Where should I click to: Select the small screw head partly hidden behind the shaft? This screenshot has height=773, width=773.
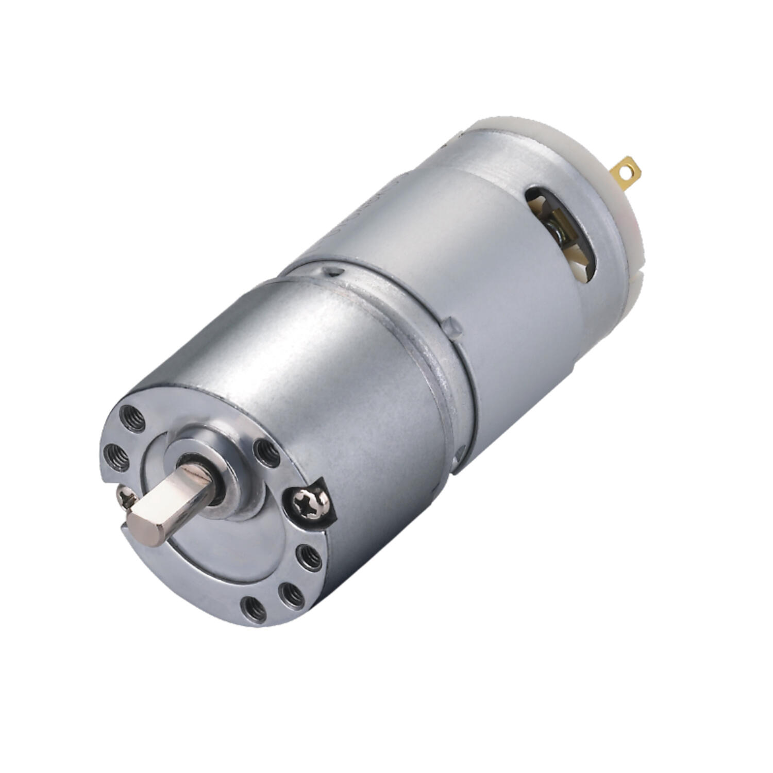coord(126,497)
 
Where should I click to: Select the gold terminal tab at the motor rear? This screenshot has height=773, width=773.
coord(627,171)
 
